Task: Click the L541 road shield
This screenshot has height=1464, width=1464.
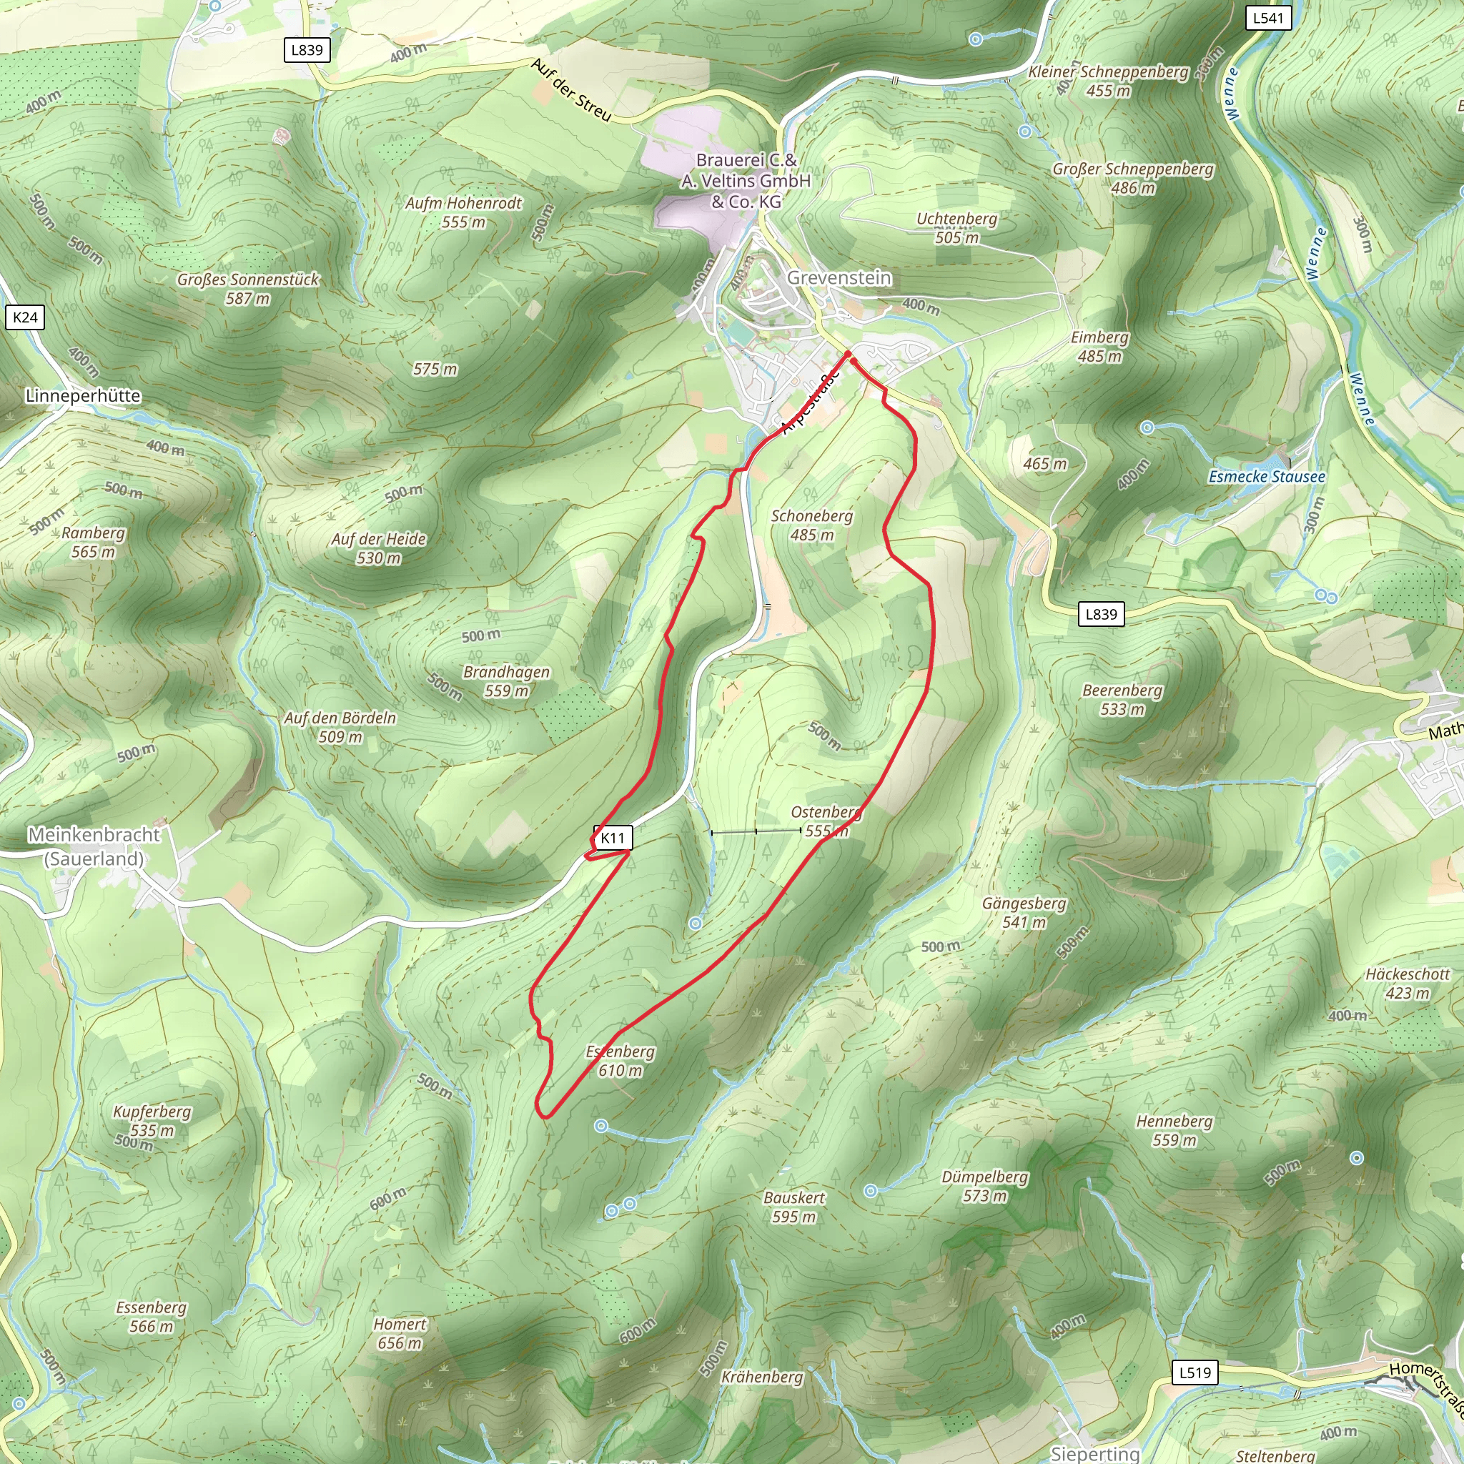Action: pyautogui.click(x=1267, y=17)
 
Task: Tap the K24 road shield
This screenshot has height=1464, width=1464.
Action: pyautogui.click(x=25, y=317)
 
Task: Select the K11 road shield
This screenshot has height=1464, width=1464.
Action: pyautogui.click(x=613, y=837)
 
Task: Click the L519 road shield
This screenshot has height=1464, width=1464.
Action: pyautogui.click(x=1195, y=1372)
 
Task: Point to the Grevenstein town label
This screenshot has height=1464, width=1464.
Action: pyautogui.click(x=839, y=277)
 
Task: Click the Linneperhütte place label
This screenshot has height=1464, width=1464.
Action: pyautogui.click(x=83, y=395)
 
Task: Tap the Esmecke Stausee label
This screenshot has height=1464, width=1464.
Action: pyautogui.click(x=1266, y=477)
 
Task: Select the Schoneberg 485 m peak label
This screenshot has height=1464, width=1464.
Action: pyautogui.click(x=811, y=525)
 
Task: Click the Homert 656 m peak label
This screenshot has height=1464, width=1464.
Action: pyautogui.click(x=400, y=1334)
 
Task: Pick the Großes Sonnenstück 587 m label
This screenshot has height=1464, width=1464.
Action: pyautogui.click(x=248, y=289)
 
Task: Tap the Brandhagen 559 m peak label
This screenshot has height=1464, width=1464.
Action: pyautogui.click(x=506, y=681)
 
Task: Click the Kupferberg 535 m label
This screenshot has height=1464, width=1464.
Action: pyautogui.click(x=152, y=1121)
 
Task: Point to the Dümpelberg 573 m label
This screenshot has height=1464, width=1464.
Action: pyautogui.click(x=984, y=1186)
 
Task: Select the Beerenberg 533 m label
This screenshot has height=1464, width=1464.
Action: pyautogui.click(x=1122, y=699)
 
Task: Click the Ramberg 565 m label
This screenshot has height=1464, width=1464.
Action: pyautogui.click(x=93, y=542)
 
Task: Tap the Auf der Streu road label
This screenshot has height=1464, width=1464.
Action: pyautogui.click(x=570, y=89)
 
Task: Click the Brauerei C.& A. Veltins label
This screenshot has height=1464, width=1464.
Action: pyautogui.click(x=746, y=181)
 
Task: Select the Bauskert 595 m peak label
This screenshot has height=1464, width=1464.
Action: pyautogui.click(x=793, y=1207)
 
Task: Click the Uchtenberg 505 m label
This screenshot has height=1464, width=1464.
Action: pyautogui.click(x=957, y=228)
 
